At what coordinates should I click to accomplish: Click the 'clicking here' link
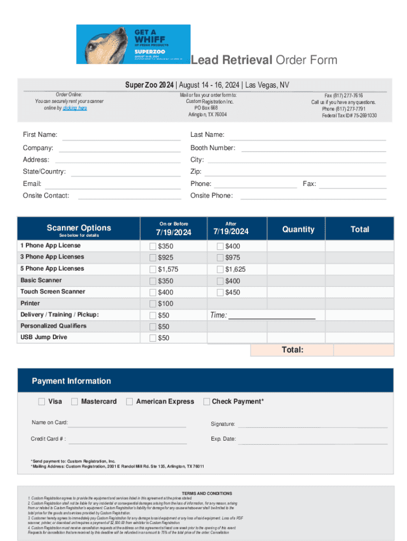point(75,108)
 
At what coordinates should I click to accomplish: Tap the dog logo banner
point(133,44)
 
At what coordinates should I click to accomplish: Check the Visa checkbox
point(42,402)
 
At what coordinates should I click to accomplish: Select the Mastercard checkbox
point(75,402)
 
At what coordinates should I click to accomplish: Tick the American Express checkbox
point(129,402)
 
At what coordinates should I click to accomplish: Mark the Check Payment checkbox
point(207,402)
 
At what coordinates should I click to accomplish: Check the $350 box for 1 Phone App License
point(153,246)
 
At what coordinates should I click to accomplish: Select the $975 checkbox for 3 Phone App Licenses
point(220,258)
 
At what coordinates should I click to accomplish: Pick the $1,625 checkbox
point(220,269)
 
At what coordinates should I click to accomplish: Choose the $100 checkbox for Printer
point(153,304)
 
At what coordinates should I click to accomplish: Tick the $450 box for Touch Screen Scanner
point(220,292)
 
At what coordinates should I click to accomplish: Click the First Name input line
point(122,138)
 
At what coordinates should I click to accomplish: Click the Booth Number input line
point(313,151)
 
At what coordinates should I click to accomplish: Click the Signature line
point(313,426)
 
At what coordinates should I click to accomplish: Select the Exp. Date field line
point(313,442)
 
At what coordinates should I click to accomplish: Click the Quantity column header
point(298,229)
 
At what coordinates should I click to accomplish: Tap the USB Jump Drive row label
point(44,337)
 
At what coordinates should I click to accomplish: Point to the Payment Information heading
point(71,381)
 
